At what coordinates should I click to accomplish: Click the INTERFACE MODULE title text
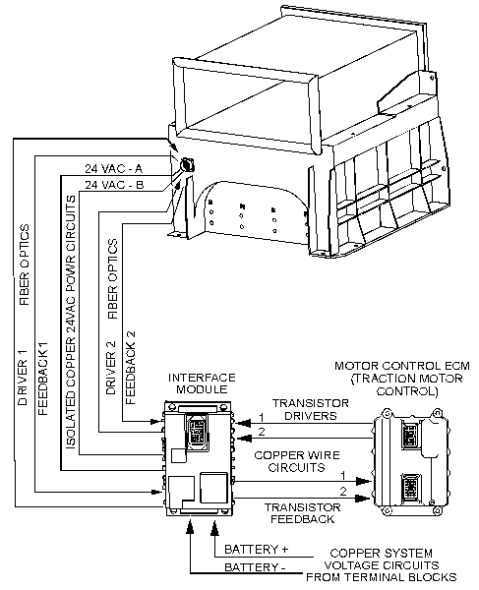tap(199, 383)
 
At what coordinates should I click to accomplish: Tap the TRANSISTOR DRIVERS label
tap(307, 409)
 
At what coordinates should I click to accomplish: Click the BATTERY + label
tap(258, 549)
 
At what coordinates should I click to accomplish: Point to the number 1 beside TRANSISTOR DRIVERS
tap(261, 417)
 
